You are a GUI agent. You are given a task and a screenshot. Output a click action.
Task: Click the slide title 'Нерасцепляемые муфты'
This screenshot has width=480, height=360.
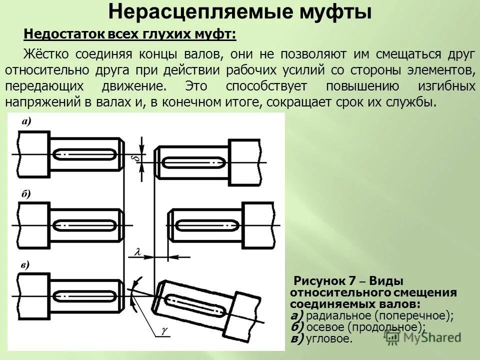click(x=240, y=12)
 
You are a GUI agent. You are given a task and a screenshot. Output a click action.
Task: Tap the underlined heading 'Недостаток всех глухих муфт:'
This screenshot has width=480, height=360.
click(x=130, y=35)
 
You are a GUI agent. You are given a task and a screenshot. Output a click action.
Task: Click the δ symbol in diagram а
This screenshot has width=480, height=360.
click(x=134, y=158)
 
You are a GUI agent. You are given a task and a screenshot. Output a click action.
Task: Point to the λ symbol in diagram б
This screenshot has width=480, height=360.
click(x=136, y=253)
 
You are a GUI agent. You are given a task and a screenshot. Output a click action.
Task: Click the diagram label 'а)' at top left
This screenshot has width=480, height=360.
click(x=26, y=121)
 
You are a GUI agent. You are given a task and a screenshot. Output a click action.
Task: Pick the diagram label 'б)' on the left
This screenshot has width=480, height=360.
click(x=26, y=194)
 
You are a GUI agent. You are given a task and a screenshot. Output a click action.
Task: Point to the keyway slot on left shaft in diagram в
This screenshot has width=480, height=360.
click(x=85, y=295)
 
